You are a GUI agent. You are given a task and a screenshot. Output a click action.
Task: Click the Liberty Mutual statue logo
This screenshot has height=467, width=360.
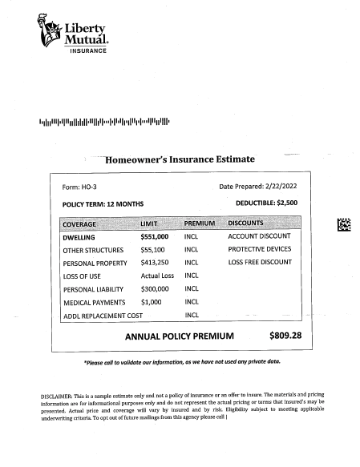(x=49, y=30)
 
